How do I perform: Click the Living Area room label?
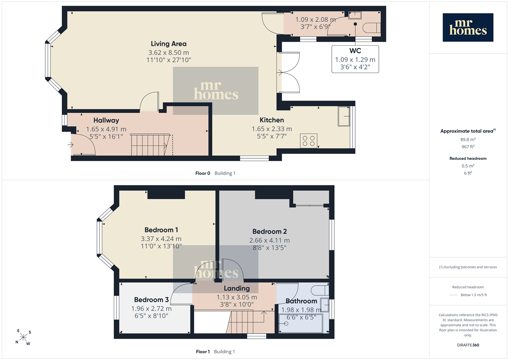point(169,44)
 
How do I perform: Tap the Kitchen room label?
point(272,120)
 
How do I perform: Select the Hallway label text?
point(106,120)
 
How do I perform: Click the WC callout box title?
point(355,51)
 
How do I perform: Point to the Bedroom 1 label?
point(161,230)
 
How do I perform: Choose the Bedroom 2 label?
point(270,231)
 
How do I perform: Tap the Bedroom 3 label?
point(151,300)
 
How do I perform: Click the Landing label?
point(237,288)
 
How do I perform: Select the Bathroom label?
point(301,301)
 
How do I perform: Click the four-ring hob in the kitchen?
point(308,141)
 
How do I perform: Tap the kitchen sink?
point(344,116)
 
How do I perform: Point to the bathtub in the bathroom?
point(301,323)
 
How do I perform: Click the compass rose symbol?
point(23,337)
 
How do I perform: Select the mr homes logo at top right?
point(468,28)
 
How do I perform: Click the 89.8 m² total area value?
point(468,139)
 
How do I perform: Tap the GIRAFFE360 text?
point(468,345)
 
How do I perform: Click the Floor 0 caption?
point(202,173)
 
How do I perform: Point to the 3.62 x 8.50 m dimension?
point(169,53)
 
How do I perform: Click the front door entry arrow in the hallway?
point(71,145)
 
